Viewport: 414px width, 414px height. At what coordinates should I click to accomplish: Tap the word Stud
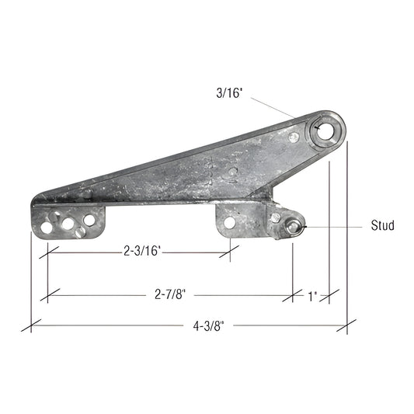point(382,226)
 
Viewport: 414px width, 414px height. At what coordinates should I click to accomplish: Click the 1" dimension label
point(311,296)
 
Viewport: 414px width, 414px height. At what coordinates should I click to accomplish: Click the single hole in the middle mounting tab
point(229,222)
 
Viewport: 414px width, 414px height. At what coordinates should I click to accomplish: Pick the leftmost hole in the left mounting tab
point(48,228)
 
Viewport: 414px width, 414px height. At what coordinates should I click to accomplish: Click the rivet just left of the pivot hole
point(293,137)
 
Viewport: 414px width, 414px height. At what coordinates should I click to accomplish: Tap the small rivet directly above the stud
point(276,217)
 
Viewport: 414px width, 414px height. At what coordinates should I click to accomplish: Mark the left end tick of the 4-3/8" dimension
point(31,326)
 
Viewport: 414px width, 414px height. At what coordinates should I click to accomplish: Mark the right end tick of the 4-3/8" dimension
point(346,326)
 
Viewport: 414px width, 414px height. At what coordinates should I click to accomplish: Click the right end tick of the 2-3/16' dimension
point(231,250)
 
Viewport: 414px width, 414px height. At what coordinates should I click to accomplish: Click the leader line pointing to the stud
point(334,226)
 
